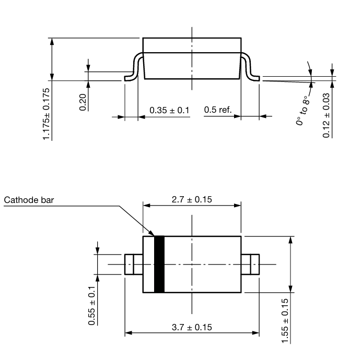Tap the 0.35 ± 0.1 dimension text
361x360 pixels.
(x=169, y=110)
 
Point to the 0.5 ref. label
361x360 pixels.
(x=217, y=110)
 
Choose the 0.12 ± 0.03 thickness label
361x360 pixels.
(x=327, y=115)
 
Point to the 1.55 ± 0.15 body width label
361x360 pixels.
(x=285, y=321)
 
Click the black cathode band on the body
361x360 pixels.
(x=159, y=264)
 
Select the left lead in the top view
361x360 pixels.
(x=133, y=264)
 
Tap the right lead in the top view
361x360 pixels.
(x=251, y=264)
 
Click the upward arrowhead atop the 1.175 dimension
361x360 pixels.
(x=51, y=41)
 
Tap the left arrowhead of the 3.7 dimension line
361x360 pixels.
(x=128, y=332)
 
